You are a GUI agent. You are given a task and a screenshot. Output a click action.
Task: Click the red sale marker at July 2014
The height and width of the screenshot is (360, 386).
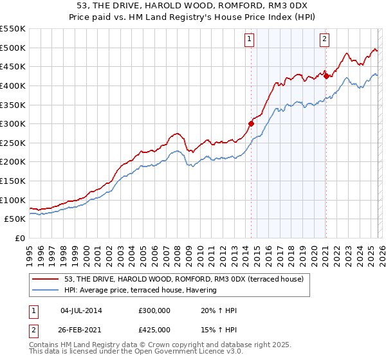(x=251, y=123)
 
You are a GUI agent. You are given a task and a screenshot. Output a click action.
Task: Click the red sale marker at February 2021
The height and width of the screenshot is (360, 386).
(x=326, y=76)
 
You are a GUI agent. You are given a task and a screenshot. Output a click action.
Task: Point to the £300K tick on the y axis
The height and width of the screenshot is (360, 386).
(x=12, y=123)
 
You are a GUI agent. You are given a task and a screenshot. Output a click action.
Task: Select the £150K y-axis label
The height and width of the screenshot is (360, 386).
(x=12, y=181)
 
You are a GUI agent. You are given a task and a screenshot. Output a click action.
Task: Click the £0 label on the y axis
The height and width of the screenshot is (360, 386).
(x=19, y=238)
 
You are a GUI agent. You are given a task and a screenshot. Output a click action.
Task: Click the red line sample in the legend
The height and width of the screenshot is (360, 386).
(x=46, y=278)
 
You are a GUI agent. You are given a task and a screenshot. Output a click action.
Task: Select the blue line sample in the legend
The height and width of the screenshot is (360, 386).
(x=46, y=290)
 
